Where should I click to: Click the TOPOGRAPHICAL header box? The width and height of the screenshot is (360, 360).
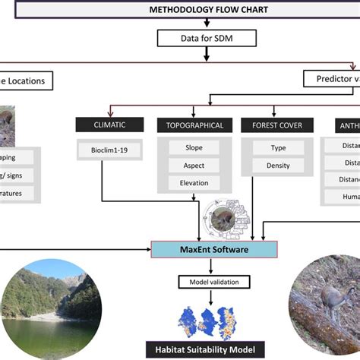[x=194, y=125]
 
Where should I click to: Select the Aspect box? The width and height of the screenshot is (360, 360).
[x=194, y=165]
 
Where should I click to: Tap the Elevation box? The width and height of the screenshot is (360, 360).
[x=194, y=182]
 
